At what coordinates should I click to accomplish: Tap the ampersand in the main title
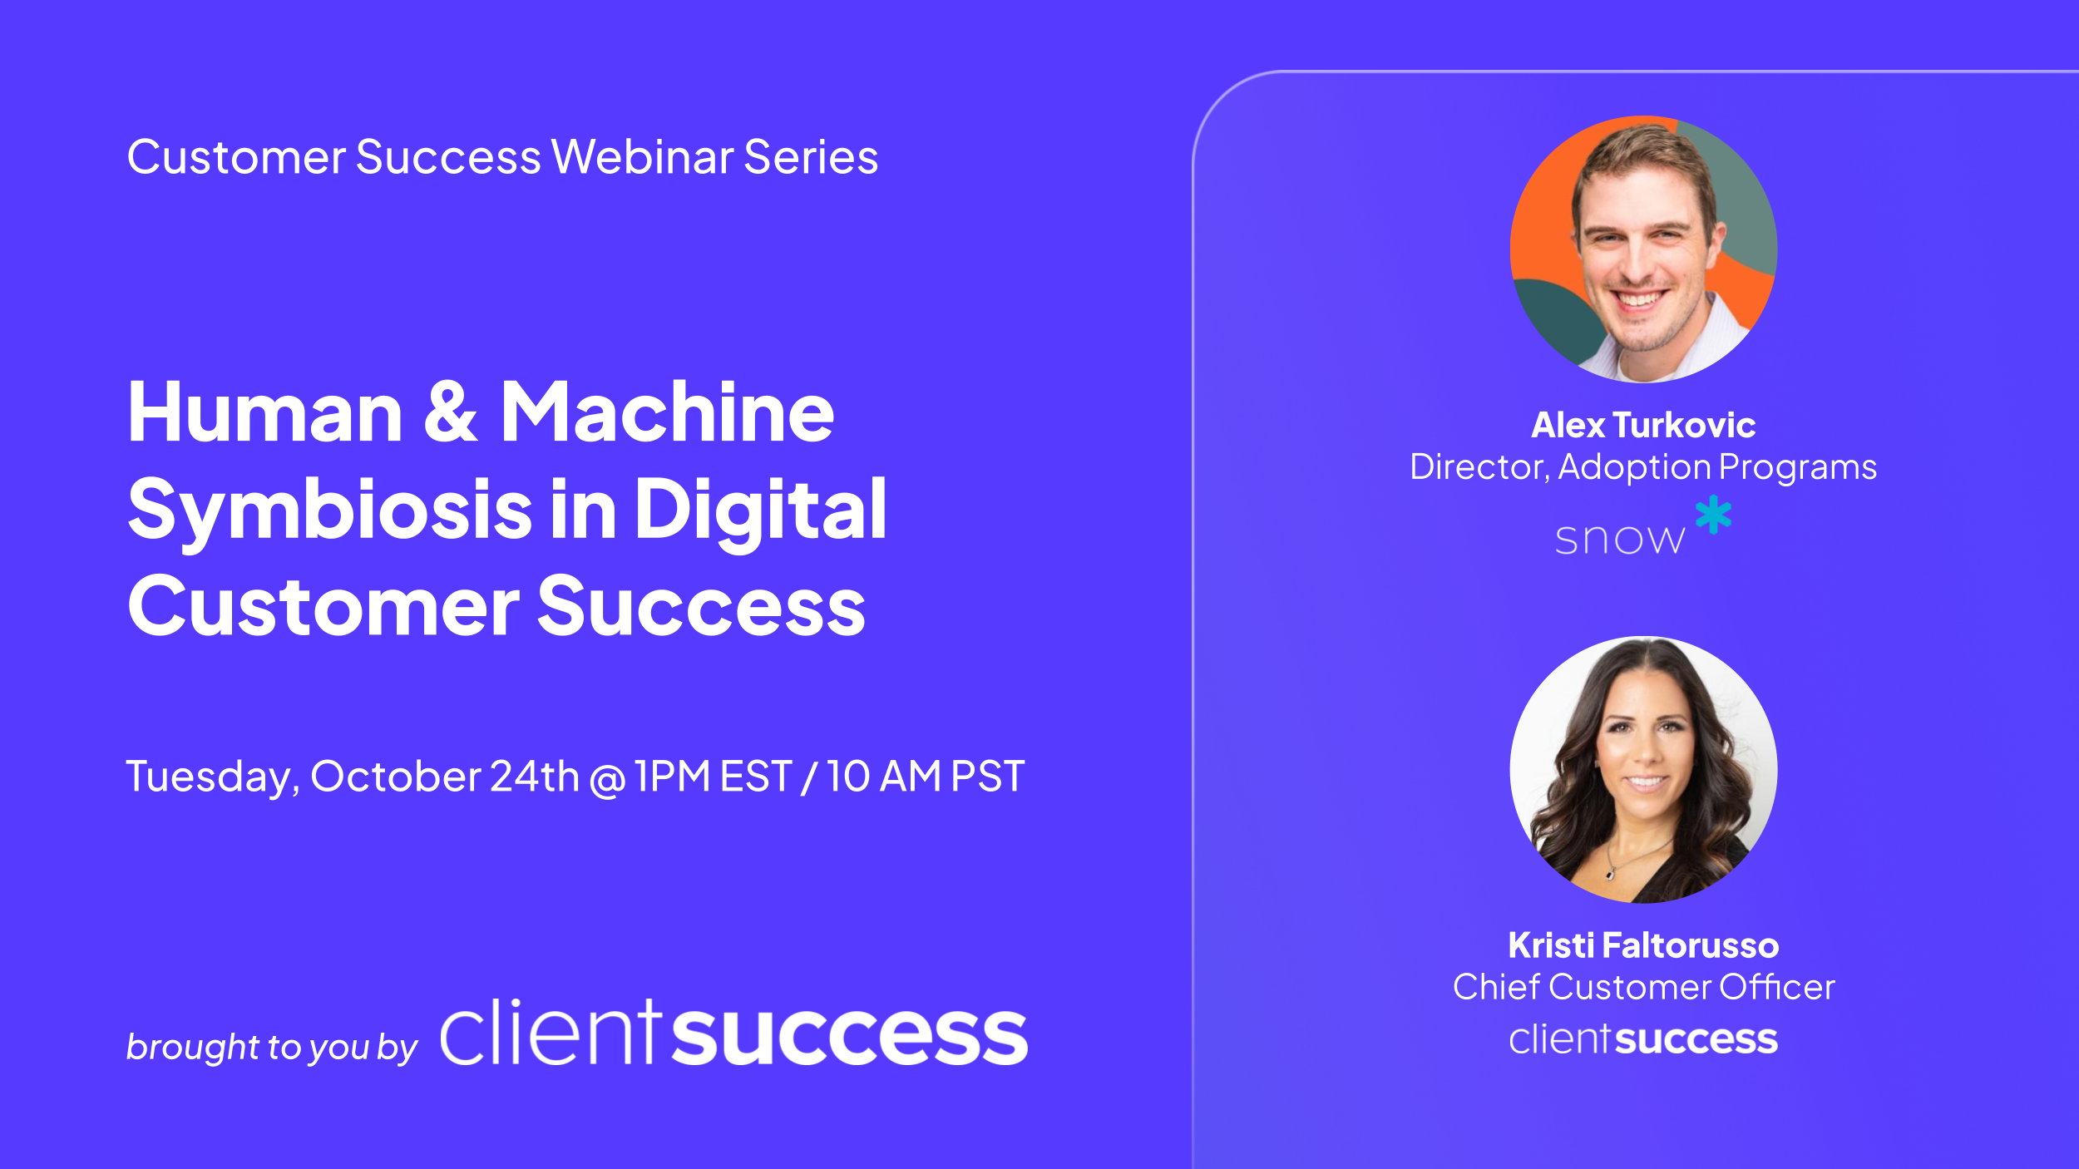pos(450,412)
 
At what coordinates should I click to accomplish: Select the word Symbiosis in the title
pos(329,511)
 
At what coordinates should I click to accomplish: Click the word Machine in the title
pos(667,412)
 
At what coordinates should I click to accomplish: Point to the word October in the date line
pos(395,777)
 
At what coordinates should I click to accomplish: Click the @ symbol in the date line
pos(607,780)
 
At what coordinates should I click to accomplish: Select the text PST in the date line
pos(987,777)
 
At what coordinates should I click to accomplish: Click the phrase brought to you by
pos(271,1047)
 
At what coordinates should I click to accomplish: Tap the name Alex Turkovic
pos(1643,426)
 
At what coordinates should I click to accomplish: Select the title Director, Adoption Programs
pos(1643,467)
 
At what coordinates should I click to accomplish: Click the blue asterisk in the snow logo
pos(1713,515)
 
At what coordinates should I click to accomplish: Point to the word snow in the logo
pos(1619,540)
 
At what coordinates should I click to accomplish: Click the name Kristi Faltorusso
pos(1643,945)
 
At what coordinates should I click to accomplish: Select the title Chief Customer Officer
pos(1643,987)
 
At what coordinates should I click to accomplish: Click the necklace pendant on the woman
pos(1611,873)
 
